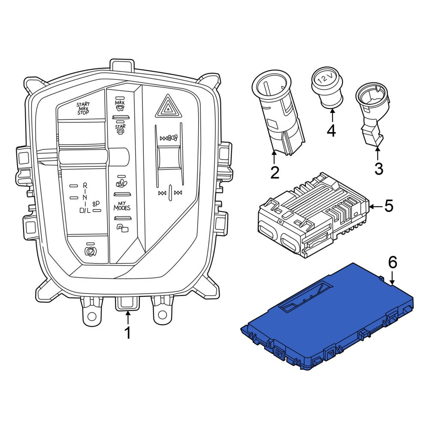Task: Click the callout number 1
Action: [127, 332]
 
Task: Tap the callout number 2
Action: [275, 172]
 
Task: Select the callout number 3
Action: [378, 169]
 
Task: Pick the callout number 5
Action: [389, 206]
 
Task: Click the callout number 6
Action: [393, 263]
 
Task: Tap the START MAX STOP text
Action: [83, 109]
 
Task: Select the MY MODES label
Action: [122, 206]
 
